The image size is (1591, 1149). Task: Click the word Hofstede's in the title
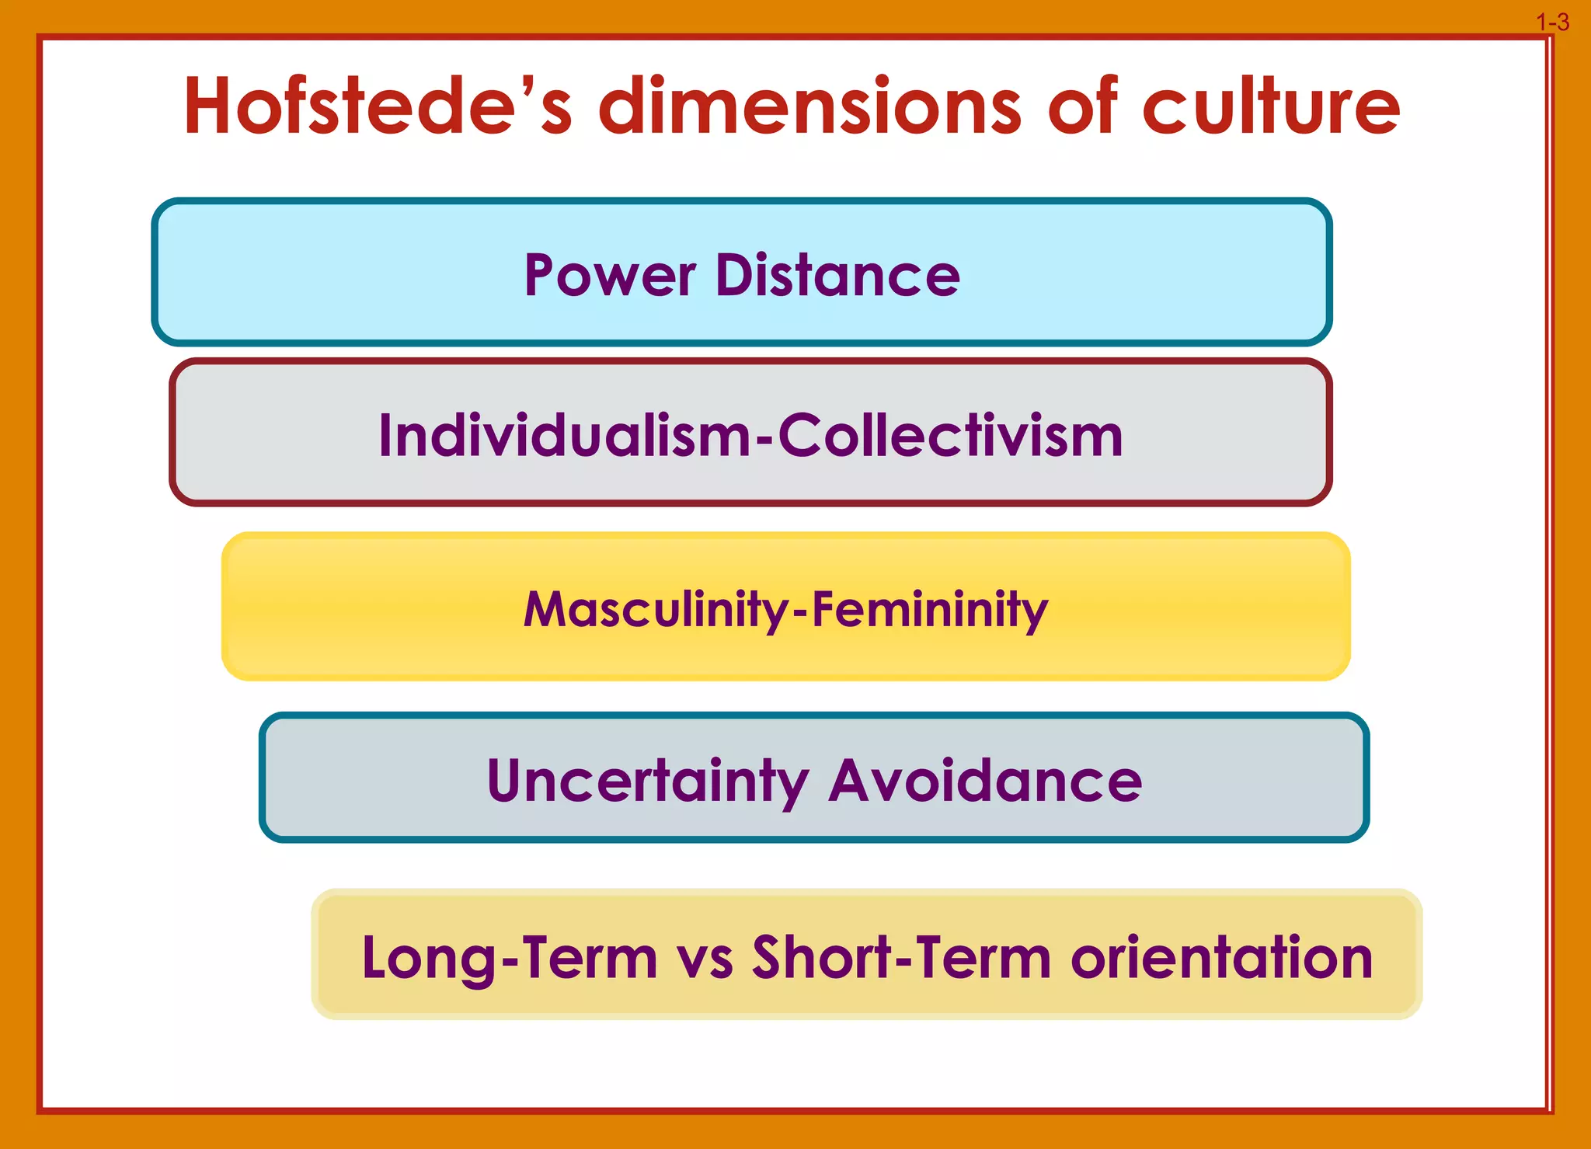coord(378,106)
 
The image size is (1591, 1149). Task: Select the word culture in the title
coord(1271,106)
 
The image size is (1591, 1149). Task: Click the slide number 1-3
coord(1552,23)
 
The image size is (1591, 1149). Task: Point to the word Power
coord(610,276)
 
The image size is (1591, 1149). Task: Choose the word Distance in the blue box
coord(837,276)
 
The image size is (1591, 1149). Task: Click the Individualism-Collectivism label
coord(750,435)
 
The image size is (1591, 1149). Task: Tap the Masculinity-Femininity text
coord(785,609)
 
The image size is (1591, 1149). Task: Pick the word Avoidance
coord(985,781)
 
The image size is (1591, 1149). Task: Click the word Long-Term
coord(510,958)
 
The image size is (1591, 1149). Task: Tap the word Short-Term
coord(901,958)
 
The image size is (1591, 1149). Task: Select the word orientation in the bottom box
coord(1221,958)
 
